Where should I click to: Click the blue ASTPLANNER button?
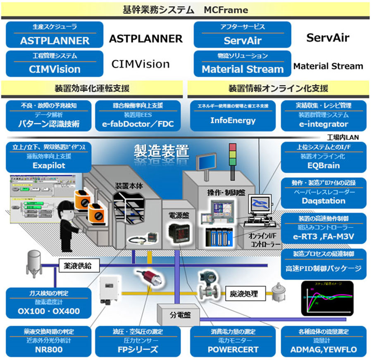click(x=55, y=36)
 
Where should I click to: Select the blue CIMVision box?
click(x=55, y=64)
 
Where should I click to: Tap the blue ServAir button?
click(x=242, y=36)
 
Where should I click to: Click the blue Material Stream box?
click(x=242, y=64)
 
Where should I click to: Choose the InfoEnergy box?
click(x=233, y=116)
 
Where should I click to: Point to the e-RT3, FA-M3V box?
click(x=324, y=228)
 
